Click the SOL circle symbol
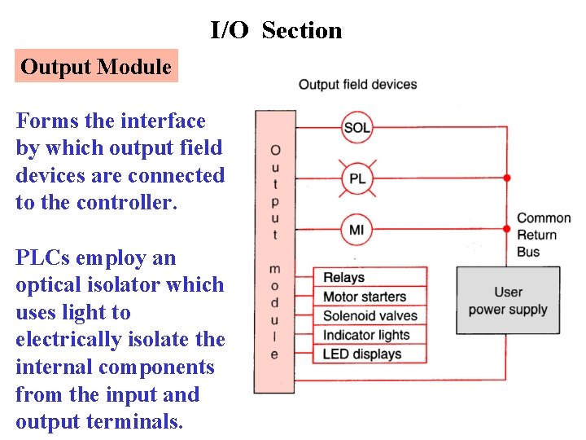[x=356, y=127]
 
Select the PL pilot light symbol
[x=356, y=178]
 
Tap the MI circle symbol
[x=356, y=229]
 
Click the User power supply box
[x=508, y=300]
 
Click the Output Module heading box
[x=96, y=67]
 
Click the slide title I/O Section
[x=276, y=31]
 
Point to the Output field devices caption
[x=357, y=85]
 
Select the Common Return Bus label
[x=544, y=235]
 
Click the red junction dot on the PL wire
[x=507, y=178]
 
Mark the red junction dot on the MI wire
[x=507, y=229]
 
